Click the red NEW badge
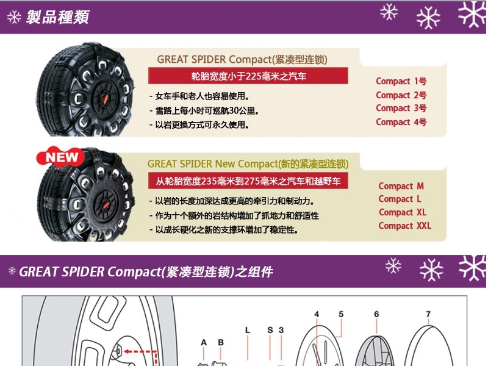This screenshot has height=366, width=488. [60, 157]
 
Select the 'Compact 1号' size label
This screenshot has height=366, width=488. [401, 81]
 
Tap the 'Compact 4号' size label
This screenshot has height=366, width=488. [401, 122]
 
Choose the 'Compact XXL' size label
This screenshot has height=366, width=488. [405, 226]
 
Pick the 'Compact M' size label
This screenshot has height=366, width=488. [401, 186]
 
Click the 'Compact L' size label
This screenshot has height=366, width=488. [400, 199]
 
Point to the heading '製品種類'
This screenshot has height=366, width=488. [58, 17]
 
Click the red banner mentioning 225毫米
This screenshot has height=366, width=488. [248, 76]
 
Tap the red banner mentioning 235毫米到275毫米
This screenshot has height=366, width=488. [248, 181]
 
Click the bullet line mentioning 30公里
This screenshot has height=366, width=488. [204, 110]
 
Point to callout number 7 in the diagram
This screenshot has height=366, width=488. [428, 314]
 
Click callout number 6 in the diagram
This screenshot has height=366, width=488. [376, 314]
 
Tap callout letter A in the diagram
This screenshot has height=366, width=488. [204, 342]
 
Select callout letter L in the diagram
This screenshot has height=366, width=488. [248, 330]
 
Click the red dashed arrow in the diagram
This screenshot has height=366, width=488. [141, 352]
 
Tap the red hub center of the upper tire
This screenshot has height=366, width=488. [105, 99]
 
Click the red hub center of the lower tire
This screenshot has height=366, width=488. [106, 205]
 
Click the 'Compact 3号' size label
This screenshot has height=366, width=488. [401, 108]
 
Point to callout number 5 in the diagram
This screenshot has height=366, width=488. [341, 314]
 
